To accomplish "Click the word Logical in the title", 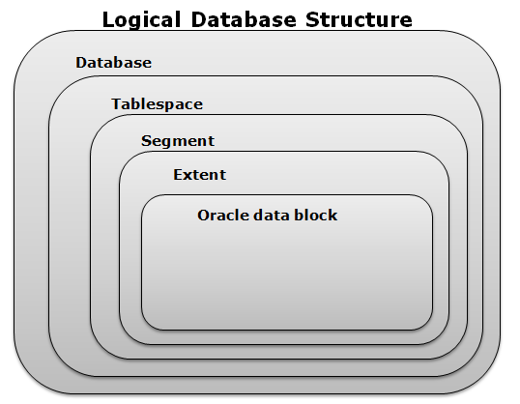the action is [142, 20].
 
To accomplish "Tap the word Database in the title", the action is [244, 19].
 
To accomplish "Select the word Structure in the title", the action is [359, 19].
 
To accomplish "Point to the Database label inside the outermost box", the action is [114, 63].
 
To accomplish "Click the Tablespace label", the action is [157, 104].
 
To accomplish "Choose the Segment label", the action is [178, 142].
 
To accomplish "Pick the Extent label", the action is [200, 175].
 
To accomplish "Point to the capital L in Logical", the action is [108, 20].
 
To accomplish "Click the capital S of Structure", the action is [313, 19].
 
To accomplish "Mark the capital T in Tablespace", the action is [117, 103].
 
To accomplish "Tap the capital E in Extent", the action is [178, 175].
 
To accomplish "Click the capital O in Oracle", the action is [204, 216].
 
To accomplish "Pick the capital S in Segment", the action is [146, 141].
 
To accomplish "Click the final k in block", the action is [332, 215].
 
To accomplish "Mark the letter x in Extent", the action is [188, 177].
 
